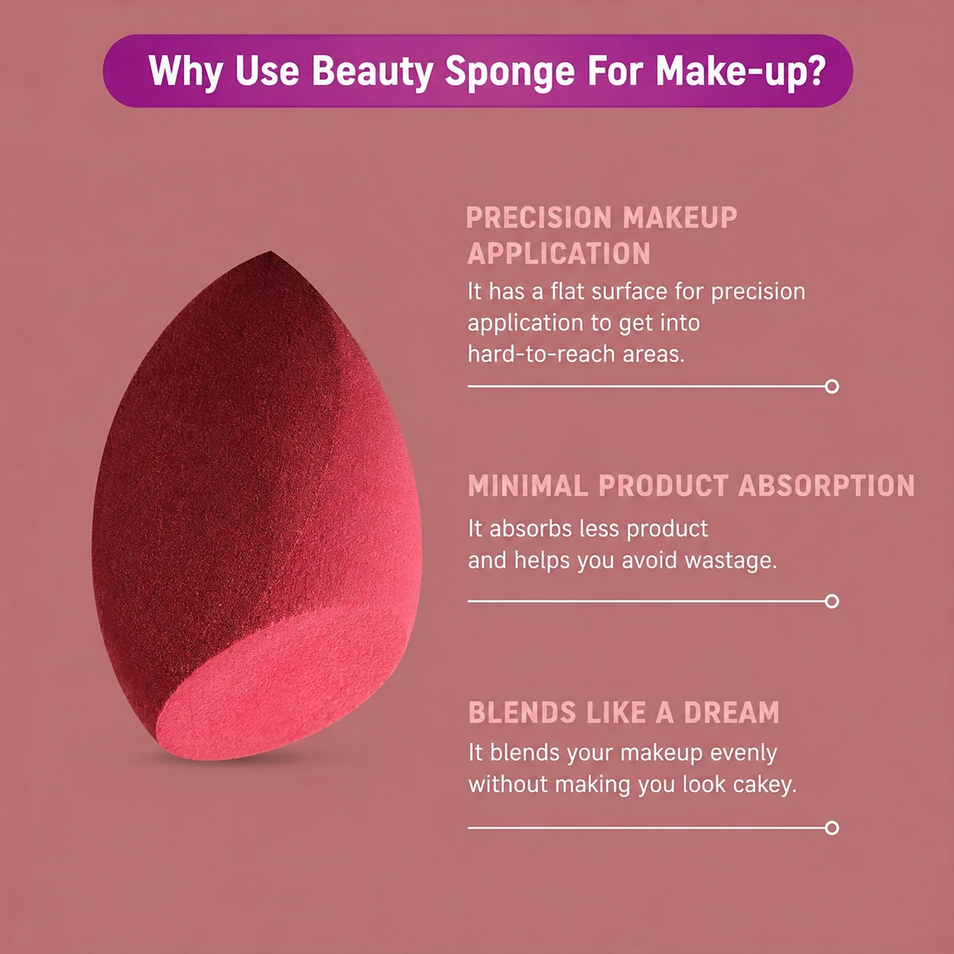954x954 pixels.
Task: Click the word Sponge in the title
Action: [x=510, y=72]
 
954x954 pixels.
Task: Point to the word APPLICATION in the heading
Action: [x=559, y=254]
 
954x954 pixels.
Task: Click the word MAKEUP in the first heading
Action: [x=680, y=218]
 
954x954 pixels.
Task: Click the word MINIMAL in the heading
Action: [x=528, y=485]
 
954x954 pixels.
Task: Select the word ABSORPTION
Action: [x=826, y=485]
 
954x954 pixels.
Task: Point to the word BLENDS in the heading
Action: [x=523, y=712]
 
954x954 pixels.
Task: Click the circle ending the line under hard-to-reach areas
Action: [x=832, y=386]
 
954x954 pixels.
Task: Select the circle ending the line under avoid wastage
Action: [x=832, y=601]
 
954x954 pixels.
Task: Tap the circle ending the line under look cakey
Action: [x=832, y=828]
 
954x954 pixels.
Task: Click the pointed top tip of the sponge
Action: [x=270, y=252]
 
